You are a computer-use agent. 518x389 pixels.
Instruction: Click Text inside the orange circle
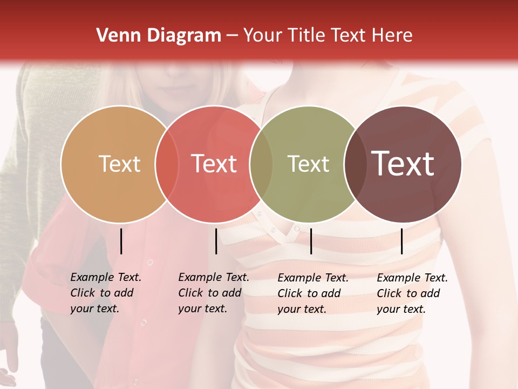(119, 164)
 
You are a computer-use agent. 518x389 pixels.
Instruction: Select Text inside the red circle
(214, 164)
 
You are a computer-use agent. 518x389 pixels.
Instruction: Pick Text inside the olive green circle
(308, 164)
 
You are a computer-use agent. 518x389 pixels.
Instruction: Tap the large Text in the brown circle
(403, 164)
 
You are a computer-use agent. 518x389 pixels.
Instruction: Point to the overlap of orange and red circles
(167, 164)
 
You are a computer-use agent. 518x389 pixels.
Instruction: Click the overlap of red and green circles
(261, 164)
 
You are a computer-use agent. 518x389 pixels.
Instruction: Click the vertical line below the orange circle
(121, 241)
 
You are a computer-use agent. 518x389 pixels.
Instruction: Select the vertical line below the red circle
(216, 241)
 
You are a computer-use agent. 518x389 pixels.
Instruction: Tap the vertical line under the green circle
(311, 241)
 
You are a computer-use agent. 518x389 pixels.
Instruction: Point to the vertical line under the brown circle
(402, 241)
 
